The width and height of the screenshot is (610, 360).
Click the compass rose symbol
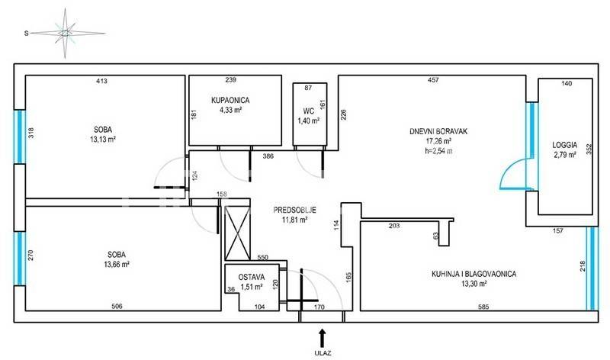tap(66, 34)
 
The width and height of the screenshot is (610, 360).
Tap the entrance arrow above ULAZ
tap(322, 338)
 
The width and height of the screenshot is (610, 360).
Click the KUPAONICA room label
tap(230, 101)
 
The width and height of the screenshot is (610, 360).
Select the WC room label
tap(309, 111)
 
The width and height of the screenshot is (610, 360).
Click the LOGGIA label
tap(564, 145)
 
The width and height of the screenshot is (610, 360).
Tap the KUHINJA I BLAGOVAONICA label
tap(474, 274)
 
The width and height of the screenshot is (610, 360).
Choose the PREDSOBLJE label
tap(294, 211)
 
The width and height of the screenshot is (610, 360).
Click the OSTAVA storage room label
tap(252, 277)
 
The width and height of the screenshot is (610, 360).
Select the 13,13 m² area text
tap(103, 140)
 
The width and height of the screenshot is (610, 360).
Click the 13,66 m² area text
tap(117, 264)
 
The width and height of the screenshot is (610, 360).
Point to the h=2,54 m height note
tap(438, 151)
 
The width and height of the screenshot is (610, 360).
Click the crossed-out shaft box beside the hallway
tap(238, 233)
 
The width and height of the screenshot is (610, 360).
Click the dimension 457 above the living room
tap(433, 80)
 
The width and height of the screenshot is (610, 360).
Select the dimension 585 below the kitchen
tap(483, 307)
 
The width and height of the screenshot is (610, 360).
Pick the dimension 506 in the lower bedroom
tap(117, 307)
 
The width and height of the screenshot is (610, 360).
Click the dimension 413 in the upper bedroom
tap(101, 81)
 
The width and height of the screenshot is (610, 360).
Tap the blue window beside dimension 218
tap(592, 268)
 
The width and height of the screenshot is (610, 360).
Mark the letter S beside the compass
tap(27, 34)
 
